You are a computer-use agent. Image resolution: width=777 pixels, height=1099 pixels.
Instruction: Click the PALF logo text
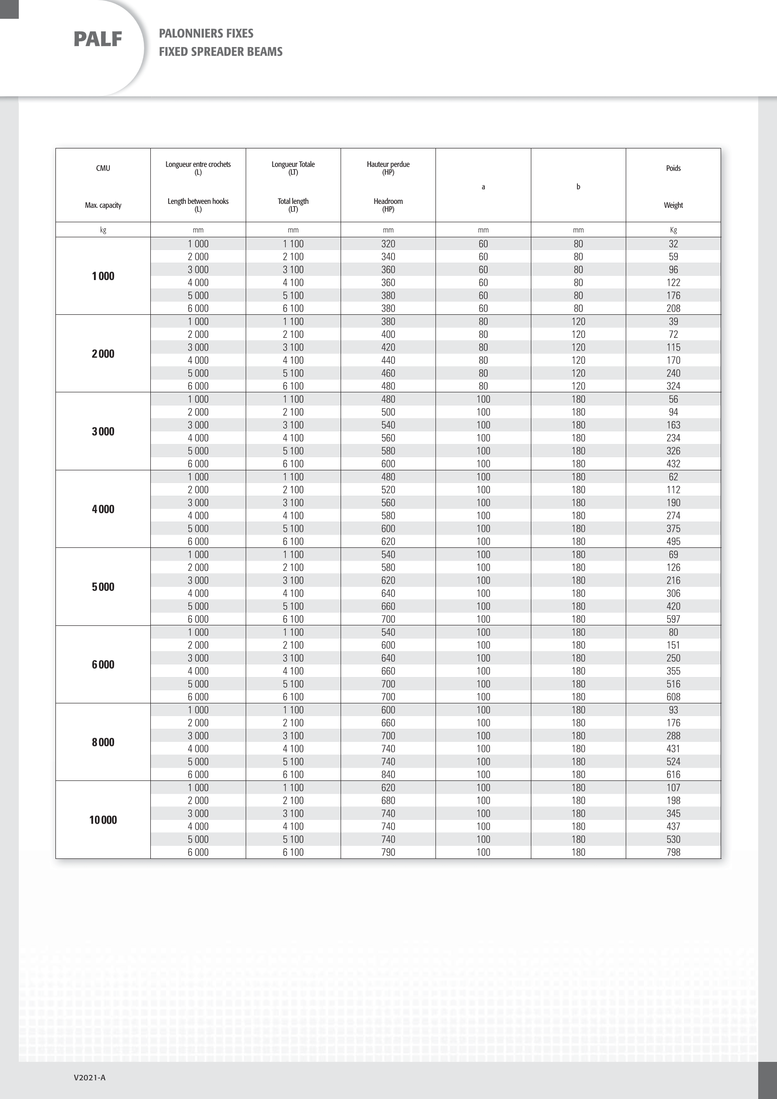pos(98,39)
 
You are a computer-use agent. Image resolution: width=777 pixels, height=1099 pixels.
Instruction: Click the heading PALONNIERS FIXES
pos(206,33)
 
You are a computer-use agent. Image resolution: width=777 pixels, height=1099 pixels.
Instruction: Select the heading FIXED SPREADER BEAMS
pos(221,52)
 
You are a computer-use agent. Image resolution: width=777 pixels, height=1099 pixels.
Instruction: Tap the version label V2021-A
pos(89,1077)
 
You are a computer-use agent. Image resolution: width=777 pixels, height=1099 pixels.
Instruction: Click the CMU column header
pos(103,168)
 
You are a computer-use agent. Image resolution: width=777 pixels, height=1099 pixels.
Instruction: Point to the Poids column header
pos(673,168)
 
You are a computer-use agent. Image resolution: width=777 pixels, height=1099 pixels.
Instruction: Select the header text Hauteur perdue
pos(388,164)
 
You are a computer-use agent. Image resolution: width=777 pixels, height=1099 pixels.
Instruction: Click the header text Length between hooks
pos(198,201)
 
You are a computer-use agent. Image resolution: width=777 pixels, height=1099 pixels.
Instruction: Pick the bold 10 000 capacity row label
pos(103,820)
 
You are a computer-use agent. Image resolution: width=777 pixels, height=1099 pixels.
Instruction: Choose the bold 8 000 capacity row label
pos(103,742)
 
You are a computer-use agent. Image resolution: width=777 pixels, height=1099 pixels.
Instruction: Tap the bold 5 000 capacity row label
pos(103,587)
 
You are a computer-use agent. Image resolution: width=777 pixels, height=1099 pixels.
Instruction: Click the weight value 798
pos(673,852)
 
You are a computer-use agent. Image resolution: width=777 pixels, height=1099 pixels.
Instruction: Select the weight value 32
pos(673,244)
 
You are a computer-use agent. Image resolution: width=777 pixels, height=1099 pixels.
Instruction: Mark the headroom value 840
pos(388,774)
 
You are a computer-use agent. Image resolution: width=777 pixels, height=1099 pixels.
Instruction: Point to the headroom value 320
pos(388,244)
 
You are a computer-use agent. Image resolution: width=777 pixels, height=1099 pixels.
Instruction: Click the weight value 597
pos(673,619)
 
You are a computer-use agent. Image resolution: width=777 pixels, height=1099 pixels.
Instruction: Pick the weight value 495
pos(673,541)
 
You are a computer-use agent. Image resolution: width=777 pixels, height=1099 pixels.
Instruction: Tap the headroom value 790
pos(388,852)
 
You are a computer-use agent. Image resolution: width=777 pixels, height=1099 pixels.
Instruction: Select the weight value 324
pos(673,386)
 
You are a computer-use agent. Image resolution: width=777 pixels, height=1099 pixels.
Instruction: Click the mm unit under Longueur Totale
pos(293,230)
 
